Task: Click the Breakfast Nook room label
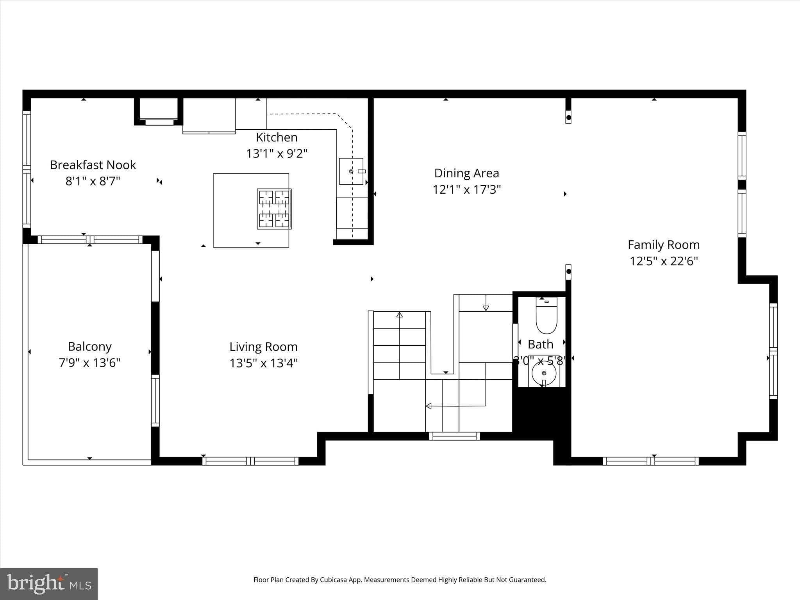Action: point(93,165)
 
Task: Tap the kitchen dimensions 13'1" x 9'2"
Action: point(277,154)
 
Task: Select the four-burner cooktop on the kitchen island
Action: point(274,209)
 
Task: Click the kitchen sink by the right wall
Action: point(351,171)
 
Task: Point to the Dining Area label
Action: point(466,173)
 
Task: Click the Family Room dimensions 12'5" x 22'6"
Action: point(663,261)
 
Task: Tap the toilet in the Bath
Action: point(546,316)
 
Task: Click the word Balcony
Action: point(89,346)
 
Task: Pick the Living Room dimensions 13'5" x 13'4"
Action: point(263,363)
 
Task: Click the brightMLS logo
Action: point(49,584)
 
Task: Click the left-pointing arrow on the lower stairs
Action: point(429,406)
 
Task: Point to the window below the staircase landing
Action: point(454,436)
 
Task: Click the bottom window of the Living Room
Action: point(250,461)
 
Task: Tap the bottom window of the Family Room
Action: point(650,461)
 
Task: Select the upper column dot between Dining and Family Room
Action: point(568,117)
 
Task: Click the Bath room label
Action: point(540,344)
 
